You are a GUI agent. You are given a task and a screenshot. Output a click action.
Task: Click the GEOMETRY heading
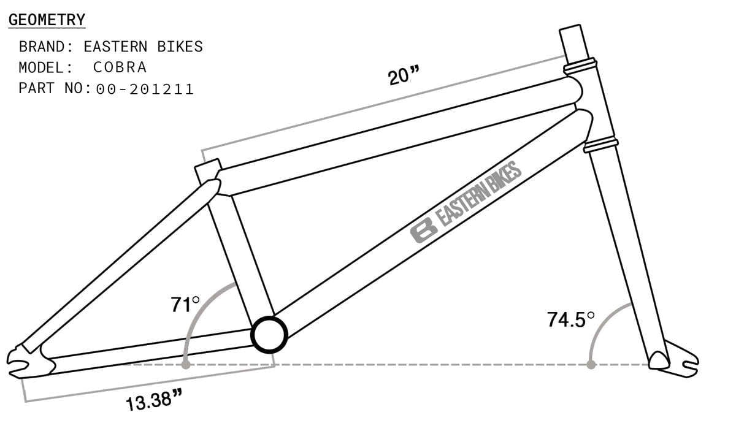click(x=47, y=20)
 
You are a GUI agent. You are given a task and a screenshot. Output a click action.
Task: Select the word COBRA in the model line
click(x=120, y=67)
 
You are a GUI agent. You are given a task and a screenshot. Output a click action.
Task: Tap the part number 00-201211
click(x=145, y=89)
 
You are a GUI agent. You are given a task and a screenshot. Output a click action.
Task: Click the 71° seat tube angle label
click(x=185, y=304)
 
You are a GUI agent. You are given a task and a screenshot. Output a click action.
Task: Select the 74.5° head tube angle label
click(x=571, y=319)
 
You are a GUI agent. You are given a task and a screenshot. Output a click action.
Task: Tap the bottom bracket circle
click(x=269, y=335)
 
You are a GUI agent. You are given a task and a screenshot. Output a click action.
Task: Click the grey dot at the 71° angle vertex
click(x=186, y=365)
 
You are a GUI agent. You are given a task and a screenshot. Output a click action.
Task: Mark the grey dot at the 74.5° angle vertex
click(x=591, y=365)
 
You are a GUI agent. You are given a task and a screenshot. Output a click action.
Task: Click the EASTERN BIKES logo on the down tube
click(x=466, y=202)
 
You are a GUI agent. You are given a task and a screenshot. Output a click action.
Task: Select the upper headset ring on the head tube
click(x=580, y=65)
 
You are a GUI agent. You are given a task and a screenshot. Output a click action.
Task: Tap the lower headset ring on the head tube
click(x=600, y=145)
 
